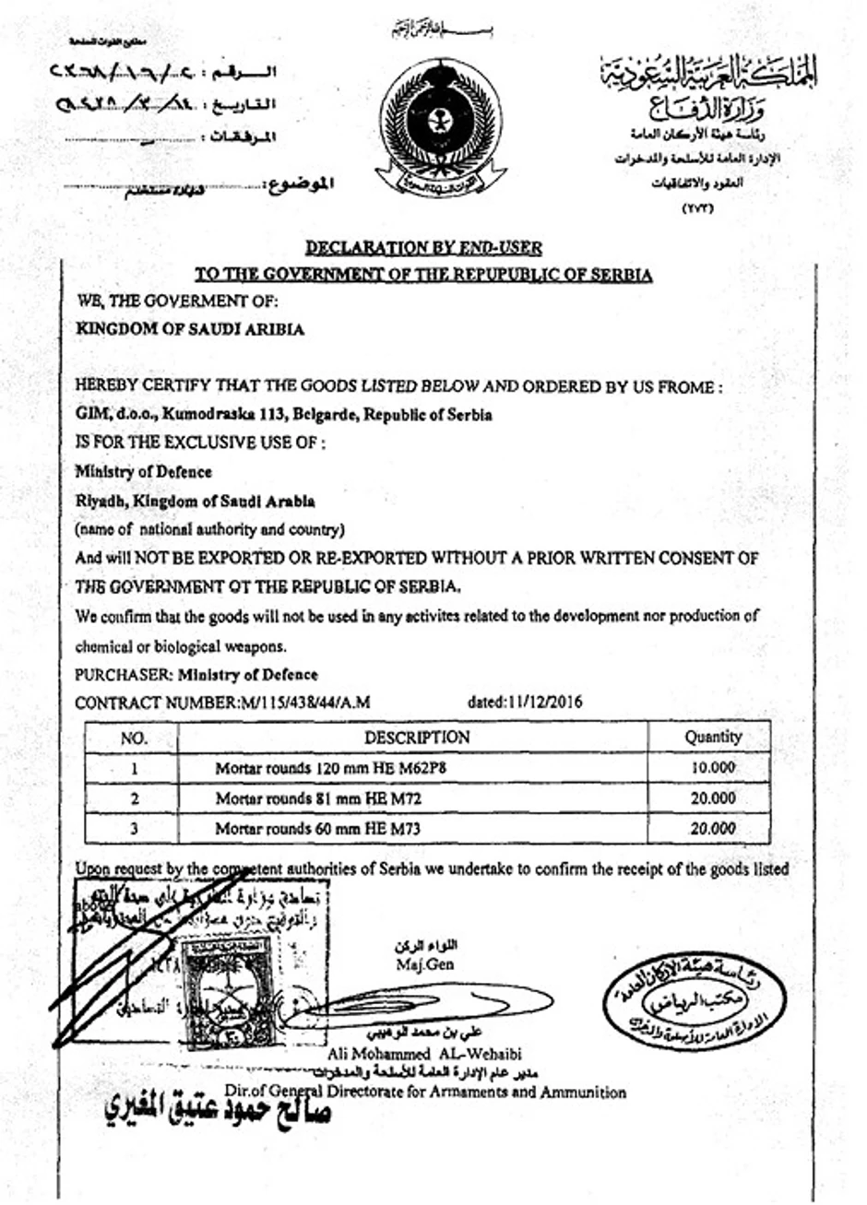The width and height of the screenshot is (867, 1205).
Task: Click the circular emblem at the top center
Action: coord(441,128)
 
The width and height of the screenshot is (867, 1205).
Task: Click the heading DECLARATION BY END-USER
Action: coord(423,247)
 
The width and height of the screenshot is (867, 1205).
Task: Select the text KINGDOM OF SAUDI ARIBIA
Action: coord(190,329)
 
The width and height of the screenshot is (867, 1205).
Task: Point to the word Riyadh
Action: coord(99,502)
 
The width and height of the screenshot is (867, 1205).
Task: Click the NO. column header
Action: coord(134,738)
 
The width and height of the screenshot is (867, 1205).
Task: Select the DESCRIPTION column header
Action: coord(417,738)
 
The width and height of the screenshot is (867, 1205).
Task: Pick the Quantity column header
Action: coord(713,738)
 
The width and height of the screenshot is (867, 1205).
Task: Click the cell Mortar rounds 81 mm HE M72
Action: coord(318,798)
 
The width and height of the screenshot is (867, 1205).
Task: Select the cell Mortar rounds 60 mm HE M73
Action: coord(318,829)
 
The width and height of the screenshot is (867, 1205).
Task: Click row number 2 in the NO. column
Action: coord(135,798)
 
